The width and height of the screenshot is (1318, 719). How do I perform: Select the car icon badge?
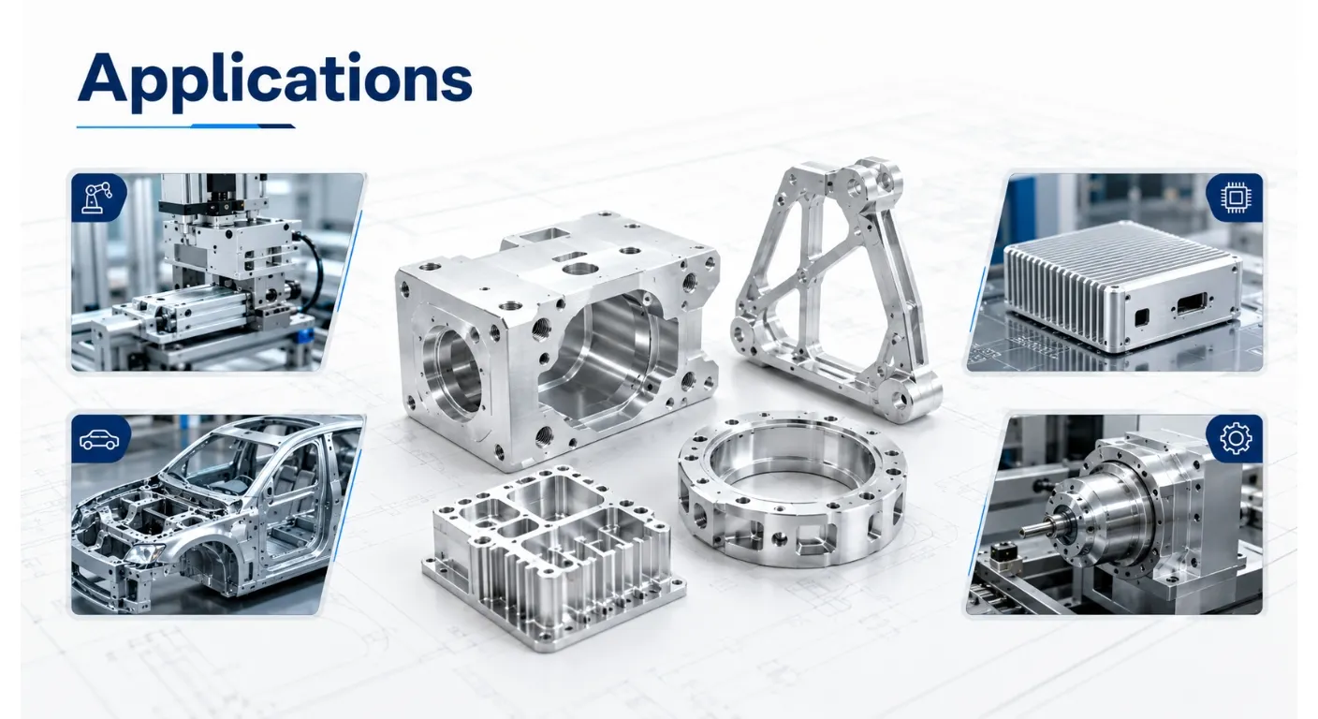(100, 439)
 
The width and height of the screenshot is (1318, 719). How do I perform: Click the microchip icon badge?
(1234, 198)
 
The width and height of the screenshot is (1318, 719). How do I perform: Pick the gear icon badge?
(1235, 438)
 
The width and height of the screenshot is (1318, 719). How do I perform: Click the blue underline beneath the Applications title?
(186, 125)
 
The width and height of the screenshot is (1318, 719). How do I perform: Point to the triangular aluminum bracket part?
(836, 288)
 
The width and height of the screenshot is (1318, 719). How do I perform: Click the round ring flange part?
(791, 488)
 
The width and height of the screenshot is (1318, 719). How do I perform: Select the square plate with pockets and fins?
(553, 557)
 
